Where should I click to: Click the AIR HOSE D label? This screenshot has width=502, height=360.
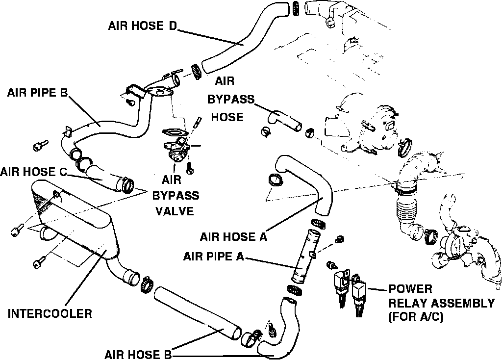pyautogui.click(x=142, y=26)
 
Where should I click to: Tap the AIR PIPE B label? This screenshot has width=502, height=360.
pyautogui.click(x=37, y=93)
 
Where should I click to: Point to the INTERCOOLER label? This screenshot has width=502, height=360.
pyautogui.click(x=50, y=313)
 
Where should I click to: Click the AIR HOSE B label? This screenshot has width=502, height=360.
pyautogui.click(x=138, y=355)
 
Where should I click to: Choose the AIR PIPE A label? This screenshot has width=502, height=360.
pyautogui.click(x=213, y=256)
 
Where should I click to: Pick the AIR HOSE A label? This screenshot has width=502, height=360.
pyautogui.click(x=233, y=237)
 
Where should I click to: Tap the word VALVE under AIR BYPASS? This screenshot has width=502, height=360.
pyautogui.click(x=175, y=211)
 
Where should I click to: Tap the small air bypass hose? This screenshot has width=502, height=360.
pyautogui.click(x=283, y=120)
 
